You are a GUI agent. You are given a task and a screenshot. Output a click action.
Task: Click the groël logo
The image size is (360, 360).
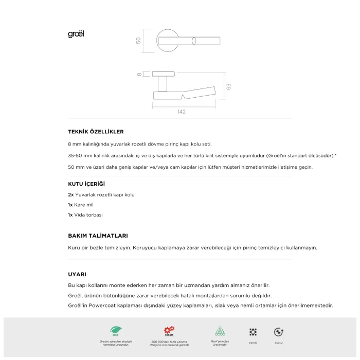[x=76, y=34]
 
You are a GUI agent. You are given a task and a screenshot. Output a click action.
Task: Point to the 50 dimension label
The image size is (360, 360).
[x=138, y=40]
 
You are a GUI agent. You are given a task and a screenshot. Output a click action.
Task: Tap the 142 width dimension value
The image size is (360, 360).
[x=181, y=112]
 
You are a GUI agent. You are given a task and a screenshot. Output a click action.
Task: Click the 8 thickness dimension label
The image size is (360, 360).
[x=139, y=75]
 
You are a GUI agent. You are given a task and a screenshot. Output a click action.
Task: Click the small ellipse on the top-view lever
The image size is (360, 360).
[x=194, y=41]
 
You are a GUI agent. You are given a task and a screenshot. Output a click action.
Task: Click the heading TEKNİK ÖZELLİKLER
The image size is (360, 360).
[x=96, y=132]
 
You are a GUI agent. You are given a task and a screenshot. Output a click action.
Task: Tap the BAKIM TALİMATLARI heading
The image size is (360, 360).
[x=98, y=236]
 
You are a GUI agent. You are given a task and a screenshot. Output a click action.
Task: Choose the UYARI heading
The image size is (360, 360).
[x=77, y=274]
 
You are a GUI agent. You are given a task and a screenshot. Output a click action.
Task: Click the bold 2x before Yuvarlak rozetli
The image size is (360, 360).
[x=71, y=195]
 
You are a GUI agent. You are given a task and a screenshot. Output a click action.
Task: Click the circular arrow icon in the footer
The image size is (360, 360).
[x=279, y=332]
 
